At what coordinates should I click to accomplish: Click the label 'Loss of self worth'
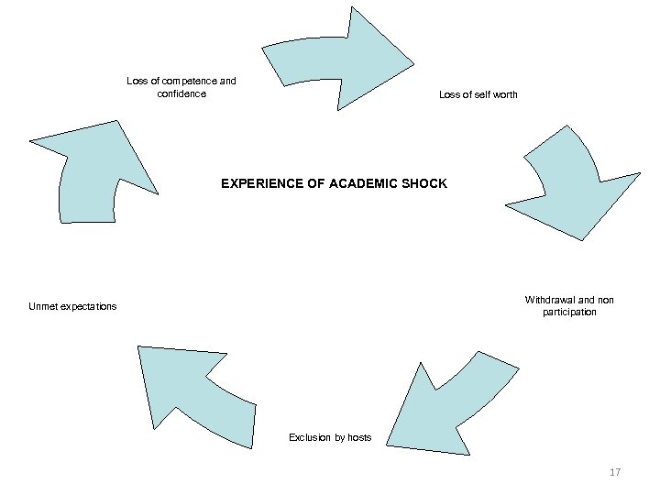(478, 95)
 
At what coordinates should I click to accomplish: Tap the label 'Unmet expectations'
(72, 306)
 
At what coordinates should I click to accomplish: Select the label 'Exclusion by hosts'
(330, 438)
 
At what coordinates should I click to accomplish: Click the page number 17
(615, 473)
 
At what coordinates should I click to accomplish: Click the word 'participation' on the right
(569, 313)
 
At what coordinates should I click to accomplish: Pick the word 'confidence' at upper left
(181, 93)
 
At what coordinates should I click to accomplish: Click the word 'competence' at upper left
(193, 82)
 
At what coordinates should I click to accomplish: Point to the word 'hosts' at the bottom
(358, 438)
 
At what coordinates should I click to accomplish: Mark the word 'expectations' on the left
(89, 306)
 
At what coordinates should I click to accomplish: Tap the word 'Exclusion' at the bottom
(309, 438)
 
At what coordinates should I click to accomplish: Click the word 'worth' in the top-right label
(502, 95)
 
